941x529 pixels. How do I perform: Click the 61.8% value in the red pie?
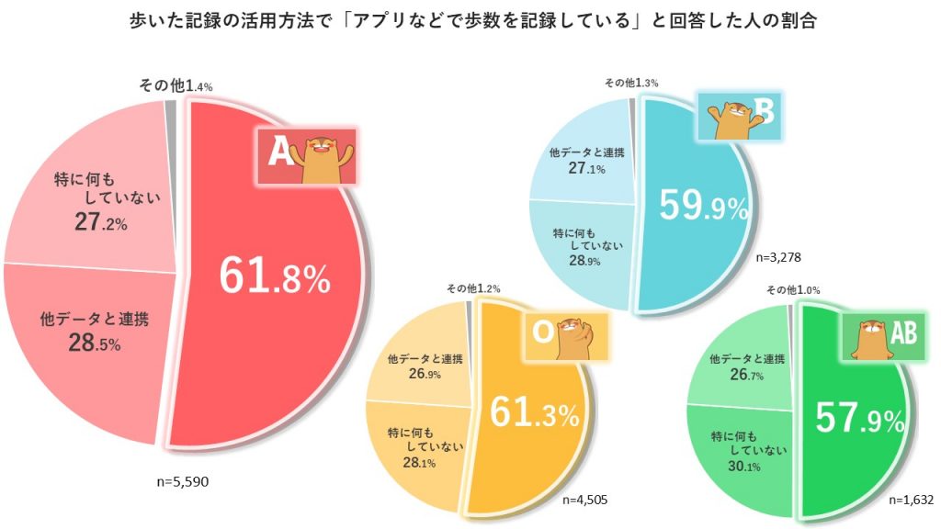(274, 276)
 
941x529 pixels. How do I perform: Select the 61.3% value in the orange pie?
(534, 414)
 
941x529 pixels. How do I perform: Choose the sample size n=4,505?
(580, 501)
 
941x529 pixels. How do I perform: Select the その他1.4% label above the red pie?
(176, 85)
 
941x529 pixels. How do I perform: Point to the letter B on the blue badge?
(765, 113)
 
